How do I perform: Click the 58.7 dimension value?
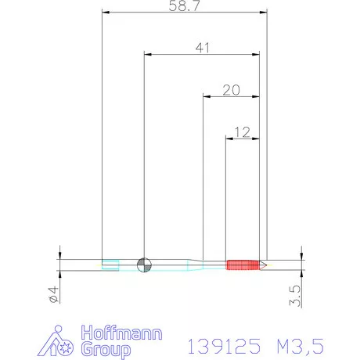[x=184, y=5]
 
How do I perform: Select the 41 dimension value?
[x=202, y=48]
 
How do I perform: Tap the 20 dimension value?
[x=231, y=90]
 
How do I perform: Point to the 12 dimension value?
[x=242, y=132]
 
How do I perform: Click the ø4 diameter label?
[x=53, y=294]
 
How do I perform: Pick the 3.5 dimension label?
[x=295, y=296]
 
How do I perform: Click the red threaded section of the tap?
[x=243, y=265]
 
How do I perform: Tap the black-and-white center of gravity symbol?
[x=144, y=265]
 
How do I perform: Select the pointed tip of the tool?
[x=266, y=265]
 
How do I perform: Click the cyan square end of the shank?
[x=110, y=265]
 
